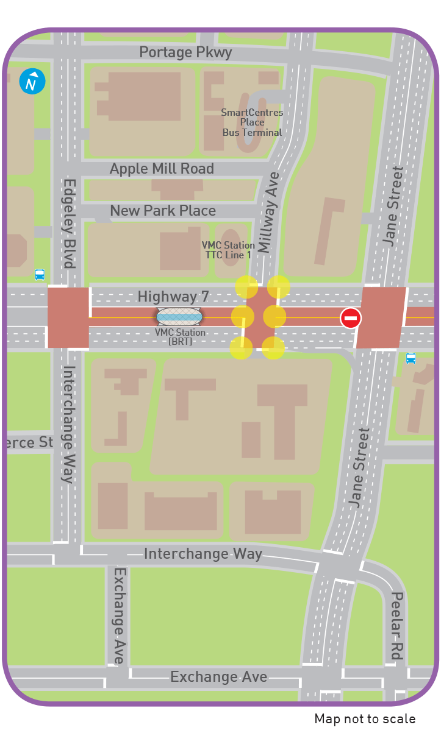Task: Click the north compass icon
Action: click(x=32, y=82)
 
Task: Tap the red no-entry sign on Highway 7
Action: click(x=351, y=317)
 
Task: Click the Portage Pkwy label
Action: click(x=185, y=52)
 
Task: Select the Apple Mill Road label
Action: click(x=162, y=169)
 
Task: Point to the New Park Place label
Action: click(x=163, y=211)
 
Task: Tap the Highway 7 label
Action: click(x=173, y=297)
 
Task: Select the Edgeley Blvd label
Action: click(x=69, y=223)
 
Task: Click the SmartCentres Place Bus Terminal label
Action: click(x=252, y=122)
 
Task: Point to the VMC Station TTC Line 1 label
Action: click(x=228, y=250)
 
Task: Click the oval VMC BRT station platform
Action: click(x=179, y=317)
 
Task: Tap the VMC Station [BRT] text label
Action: click(x=180, y=337)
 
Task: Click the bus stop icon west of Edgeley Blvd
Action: click(x=40, y=275)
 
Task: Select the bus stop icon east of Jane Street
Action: click(x=411, y=358)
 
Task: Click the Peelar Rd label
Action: click(x=396, y=625)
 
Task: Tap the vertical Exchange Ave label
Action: click(x=119, y=615)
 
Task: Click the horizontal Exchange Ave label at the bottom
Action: click(x=218, y=677)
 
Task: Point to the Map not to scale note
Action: click(x=365, y=719)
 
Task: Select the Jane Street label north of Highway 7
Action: click(x=393, y=206)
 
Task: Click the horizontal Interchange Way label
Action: click(x=203, y=554)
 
